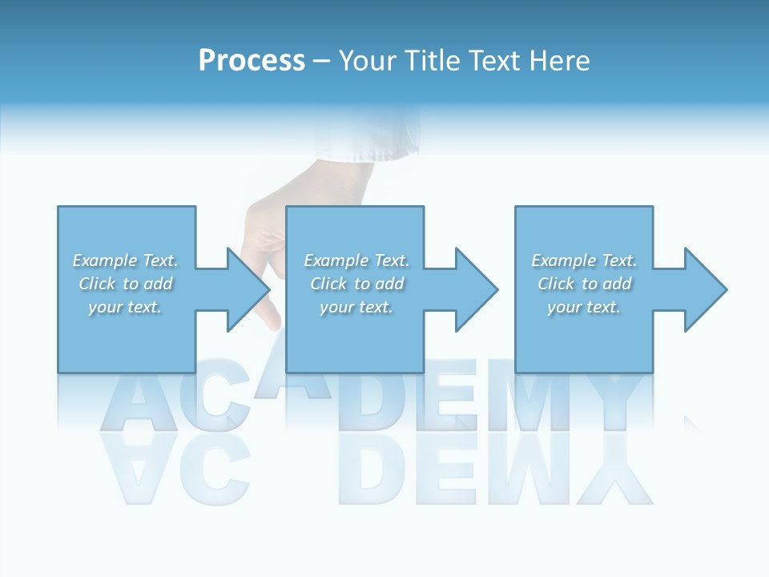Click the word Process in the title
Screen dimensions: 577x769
252,61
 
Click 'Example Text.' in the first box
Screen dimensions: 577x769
125,260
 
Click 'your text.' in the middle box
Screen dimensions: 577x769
356,307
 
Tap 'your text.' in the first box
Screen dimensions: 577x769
125,307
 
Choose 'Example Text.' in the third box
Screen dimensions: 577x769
584,260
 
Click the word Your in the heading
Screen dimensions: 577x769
369,61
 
